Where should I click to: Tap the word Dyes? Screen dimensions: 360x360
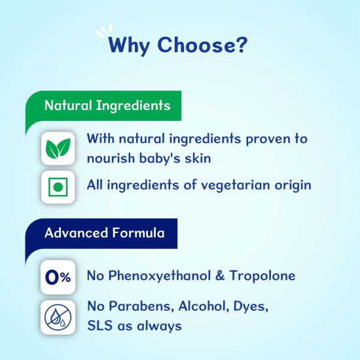coord(249,306)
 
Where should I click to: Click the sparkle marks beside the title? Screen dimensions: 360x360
coord(103,30)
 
